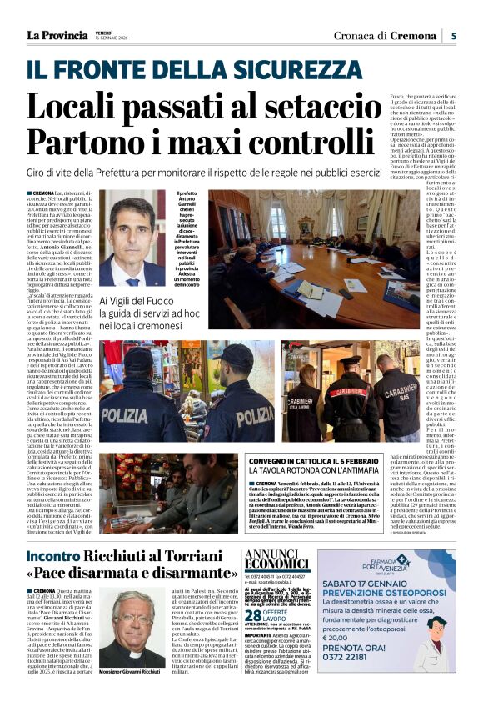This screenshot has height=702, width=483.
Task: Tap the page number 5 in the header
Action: [x=453, y=35]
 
